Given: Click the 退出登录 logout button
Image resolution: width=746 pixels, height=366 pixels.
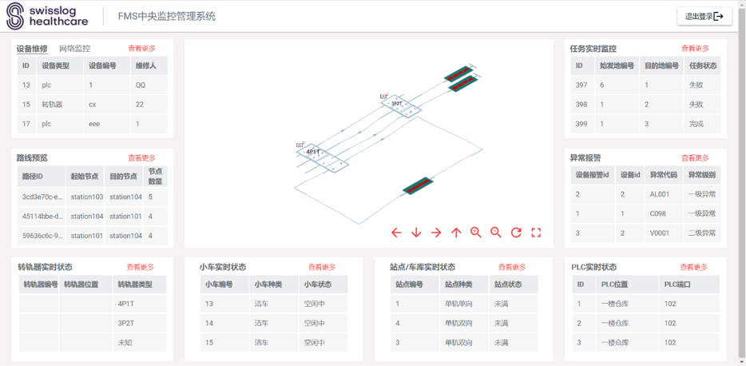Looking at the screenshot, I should point(704,17).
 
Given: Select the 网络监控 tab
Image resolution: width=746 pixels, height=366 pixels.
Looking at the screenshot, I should point(75,49).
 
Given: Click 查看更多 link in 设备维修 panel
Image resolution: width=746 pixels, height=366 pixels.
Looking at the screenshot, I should point(141,49).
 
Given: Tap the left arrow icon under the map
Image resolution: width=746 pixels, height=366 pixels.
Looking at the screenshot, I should point(396,233).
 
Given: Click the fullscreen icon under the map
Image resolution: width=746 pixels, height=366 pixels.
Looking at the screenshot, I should point(536,233).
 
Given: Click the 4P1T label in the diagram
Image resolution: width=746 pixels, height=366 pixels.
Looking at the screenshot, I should point(312,152).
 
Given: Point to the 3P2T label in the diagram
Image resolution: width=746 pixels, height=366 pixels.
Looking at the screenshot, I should point(396,104).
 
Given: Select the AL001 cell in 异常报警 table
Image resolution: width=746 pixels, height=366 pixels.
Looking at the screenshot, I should point(658,194).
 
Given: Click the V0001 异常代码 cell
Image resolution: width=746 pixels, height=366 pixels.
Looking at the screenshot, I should point(658,233).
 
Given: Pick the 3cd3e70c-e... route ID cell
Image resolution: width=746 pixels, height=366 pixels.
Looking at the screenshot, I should point(42,197).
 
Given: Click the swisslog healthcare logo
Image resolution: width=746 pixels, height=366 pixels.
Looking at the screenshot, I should point(47,16).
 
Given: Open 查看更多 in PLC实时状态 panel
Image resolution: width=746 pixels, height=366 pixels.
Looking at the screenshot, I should point(693,267).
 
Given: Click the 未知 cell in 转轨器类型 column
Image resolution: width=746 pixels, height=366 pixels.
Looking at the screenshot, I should point(125,342).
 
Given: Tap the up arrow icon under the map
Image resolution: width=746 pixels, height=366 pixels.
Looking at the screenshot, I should point(456,233).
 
